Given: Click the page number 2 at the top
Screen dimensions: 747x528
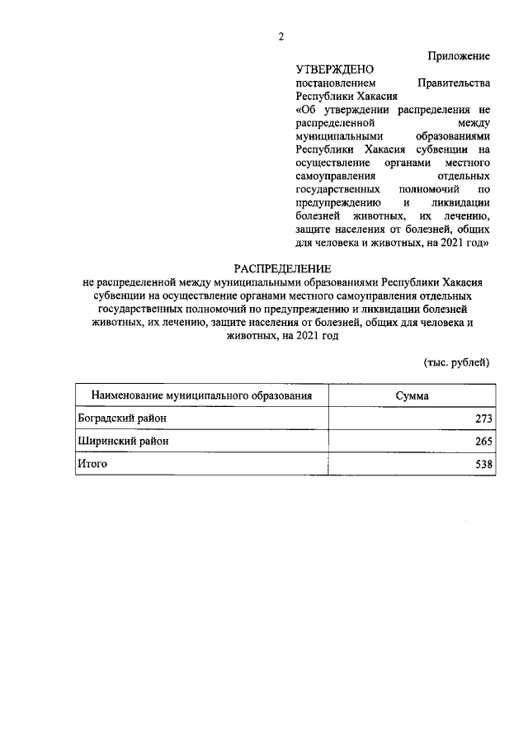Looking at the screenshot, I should (x=280, y=36).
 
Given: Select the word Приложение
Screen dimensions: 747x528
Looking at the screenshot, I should (x=460, y=55).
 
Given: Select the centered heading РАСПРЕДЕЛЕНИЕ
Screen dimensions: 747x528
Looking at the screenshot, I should (x=281, y=268).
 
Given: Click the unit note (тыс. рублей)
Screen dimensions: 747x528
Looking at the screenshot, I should (x=456, y=362).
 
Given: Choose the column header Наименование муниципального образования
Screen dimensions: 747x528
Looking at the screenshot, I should (x=201, y=396).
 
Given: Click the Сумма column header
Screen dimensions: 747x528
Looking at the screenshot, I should (x=412, y=396).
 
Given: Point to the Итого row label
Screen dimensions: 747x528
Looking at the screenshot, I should (x=92, y=464).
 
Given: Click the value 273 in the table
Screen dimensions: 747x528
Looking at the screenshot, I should (x=483, y=419).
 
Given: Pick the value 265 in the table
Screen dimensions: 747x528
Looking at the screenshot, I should (x=483, y=442).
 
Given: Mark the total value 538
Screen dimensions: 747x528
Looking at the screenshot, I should (x=483, y=465).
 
